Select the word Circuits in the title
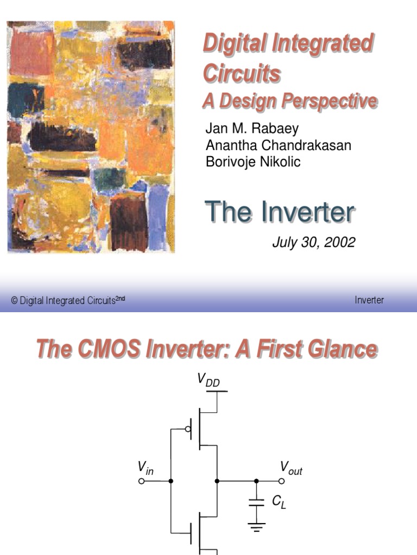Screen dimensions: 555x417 pyautogui.click(x=242, y=73)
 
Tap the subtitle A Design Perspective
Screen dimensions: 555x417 pyautogui.click(x=289, y=101)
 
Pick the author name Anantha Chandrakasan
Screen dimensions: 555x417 pyautogui.click(x=278, y=146)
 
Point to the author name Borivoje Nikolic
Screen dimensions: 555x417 pyautogui.click(x=252, y=162)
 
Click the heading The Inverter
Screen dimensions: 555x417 pyautogui.click(x=280, y=212)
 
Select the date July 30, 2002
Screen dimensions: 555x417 pyautogui.click(x=313, y=242)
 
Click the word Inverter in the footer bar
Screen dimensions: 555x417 pyautogui.click(x=369, y=300)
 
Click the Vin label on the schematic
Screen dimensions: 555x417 pyautogui.click(x=145, y=468)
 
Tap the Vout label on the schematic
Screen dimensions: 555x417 pyautogui.click(x=290, y=468)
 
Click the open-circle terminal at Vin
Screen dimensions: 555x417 pyautogui.click(x=142, y=481)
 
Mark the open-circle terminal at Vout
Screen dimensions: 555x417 pyautogui.click(x=281, y=481)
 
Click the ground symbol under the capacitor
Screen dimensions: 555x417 pyautogui.click(x=256, y=524)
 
